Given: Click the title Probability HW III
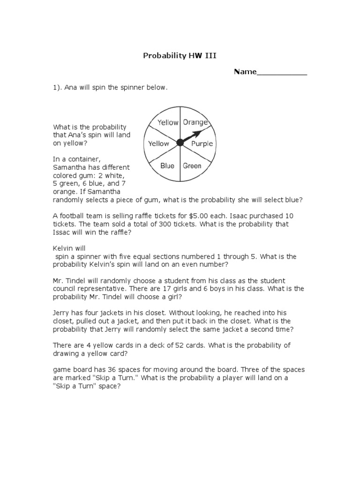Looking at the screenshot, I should [180, 56].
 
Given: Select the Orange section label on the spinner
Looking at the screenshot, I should [195, 122].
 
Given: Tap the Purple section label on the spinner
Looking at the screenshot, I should [202, 144].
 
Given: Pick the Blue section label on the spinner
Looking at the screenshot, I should [167, 165].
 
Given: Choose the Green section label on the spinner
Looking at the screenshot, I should [192, 165].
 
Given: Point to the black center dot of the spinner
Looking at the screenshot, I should [180, 142].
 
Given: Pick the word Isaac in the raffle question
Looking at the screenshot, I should [248, 216].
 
